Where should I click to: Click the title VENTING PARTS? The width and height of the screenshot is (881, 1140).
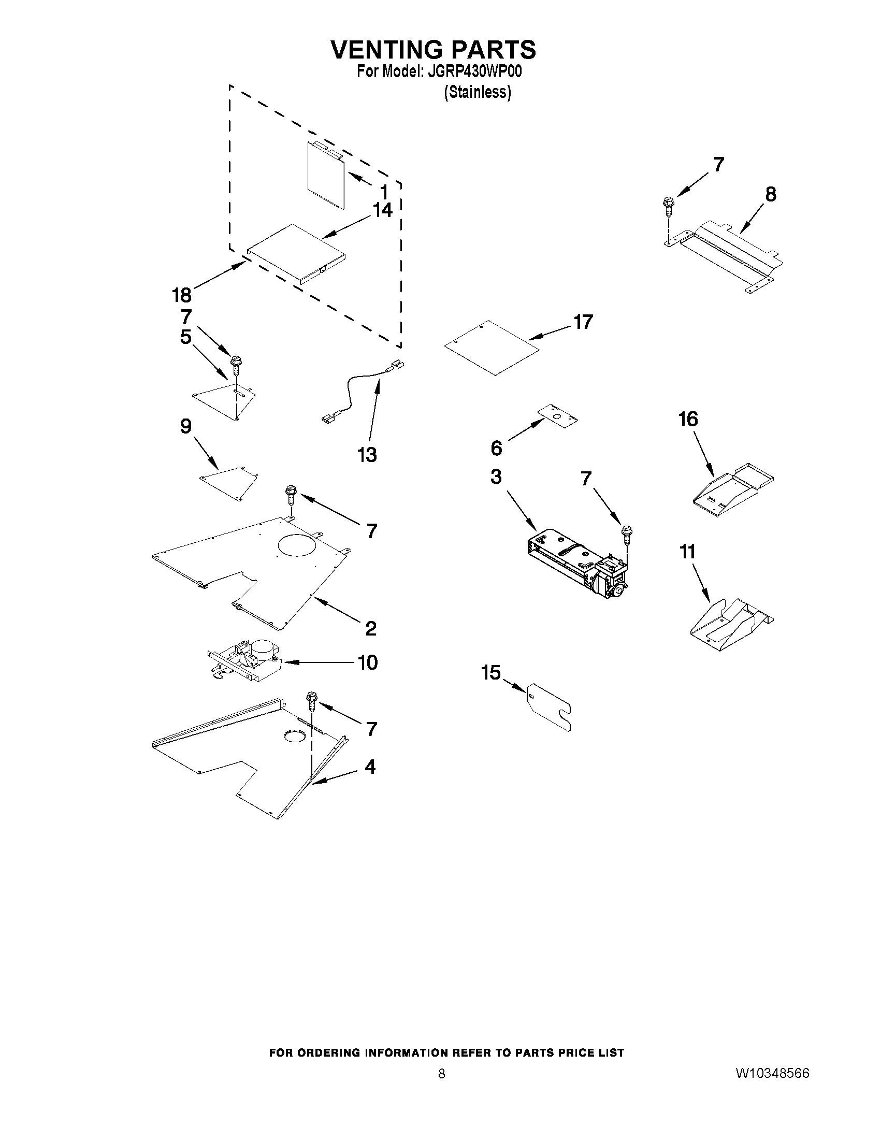point(433,50)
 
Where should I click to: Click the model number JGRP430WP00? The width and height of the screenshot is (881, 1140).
point(474,71)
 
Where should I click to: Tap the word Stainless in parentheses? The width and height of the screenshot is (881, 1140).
point(477,92)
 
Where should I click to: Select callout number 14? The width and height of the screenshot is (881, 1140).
point(382,210)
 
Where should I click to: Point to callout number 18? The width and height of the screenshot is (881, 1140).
point(182,295)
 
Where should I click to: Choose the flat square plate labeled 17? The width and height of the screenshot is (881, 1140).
point(490,347)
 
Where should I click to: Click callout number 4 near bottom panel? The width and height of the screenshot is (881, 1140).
point(370,767)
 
